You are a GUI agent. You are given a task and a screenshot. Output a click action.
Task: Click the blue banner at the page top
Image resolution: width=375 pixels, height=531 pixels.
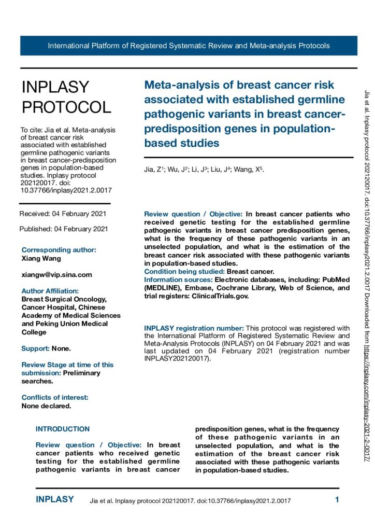(x=189, y=46)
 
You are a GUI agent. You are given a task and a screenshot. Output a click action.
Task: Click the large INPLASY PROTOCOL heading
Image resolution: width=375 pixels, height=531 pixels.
(x=66, y=97)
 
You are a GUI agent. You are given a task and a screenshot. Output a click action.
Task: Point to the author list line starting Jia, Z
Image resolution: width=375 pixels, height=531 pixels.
(x=204, y=170)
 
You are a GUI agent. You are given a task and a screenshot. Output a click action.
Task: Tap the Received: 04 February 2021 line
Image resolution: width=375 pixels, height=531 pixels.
(x=63, y=214)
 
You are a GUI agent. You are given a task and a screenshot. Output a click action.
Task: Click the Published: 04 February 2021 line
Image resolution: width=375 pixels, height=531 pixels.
(x=64, y=229)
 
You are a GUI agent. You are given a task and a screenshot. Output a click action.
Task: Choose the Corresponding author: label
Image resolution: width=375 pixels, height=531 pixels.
(x=59, y=249)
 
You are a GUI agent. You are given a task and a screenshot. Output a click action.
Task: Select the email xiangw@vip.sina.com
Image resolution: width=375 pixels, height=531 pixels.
(x=56, y=274)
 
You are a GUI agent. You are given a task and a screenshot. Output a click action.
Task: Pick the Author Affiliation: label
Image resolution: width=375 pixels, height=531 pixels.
(x=50, y=291)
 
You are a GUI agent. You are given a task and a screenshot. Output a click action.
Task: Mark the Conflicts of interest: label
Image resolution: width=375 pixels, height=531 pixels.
(x=55, y=397)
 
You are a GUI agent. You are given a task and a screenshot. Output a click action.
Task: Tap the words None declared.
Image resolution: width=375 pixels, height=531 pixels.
(x=46, y=406)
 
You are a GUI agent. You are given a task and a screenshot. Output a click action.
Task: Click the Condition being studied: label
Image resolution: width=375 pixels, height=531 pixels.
(x=184, y=271)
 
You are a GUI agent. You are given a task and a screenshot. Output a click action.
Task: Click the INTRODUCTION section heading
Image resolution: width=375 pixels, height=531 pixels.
(x=63, y=429)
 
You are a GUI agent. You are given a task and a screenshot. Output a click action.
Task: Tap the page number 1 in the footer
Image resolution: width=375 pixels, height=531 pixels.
(x=337, y=500)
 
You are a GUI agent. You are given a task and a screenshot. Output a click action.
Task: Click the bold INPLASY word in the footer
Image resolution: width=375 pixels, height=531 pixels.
(x=54, y=500)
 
